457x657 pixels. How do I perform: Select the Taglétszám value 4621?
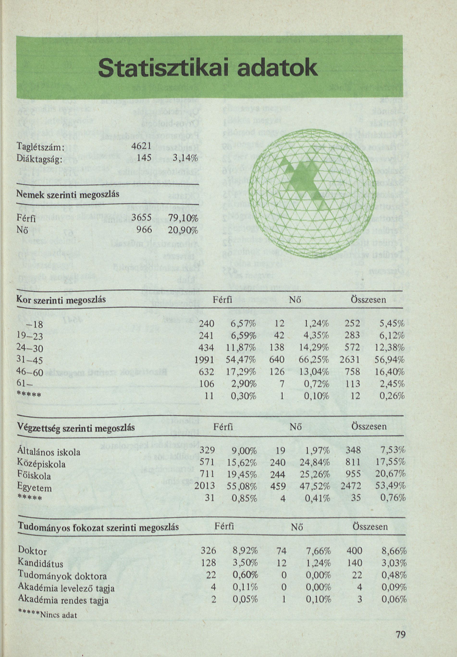point(141,146)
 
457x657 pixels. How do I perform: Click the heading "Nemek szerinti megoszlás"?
point(68,195)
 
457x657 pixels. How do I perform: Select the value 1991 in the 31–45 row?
point(204,360)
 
